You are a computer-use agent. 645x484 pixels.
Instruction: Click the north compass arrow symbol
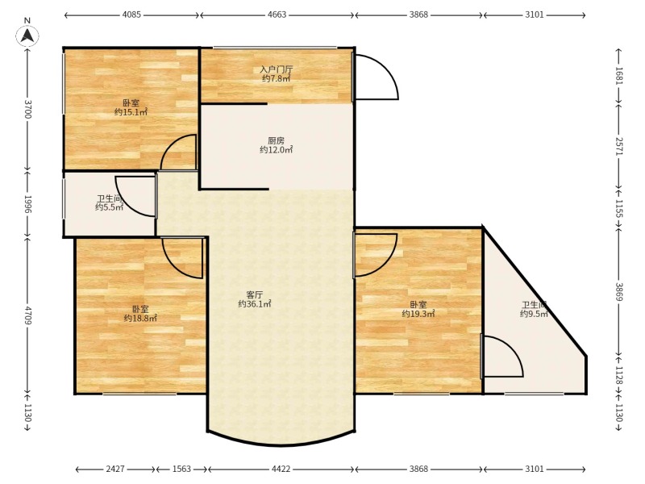[x=27, y=35]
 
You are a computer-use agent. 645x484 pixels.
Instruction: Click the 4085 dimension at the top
[x=131, y=15]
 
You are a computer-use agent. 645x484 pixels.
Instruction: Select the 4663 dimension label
[x=277, y=15]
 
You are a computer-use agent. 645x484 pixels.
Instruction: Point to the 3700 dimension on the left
[x=27, y=109]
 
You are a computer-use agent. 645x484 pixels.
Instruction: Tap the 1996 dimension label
[x=27, y=204]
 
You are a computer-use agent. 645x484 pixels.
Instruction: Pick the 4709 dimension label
[x=27, y=315]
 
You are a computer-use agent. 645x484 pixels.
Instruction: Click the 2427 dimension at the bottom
[x=115, y=469]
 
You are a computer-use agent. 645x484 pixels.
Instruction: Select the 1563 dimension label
[x=181, y=469]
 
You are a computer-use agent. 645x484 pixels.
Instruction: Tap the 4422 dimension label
[x=281, y=469]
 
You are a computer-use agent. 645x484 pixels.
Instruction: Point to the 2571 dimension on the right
[x=619, y=146]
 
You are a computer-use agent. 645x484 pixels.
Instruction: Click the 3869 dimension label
[x=619, y=291]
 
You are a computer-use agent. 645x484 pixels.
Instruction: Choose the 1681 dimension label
[x=619, y=75]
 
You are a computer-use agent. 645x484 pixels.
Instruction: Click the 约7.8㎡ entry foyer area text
[x=277, y=78]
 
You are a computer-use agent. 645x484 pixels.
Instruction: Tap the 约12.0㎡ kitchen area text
[x=276, y=150]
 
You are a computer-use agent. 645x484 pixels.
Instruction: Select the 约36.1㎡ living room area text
[x=255, y=304]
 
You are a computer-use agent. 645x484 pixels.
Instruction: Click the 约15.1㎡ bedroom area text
[x=131, y=112]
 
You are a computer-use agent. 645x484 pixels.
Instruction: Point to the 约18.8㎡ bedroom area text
[x=140, y=318]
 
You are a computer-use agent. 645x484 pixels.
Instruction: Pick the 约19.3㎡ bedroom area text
[x=418, y=314]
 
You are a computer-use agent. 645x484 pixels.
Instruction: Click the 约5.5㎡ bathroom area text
[x=109, y=207]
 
